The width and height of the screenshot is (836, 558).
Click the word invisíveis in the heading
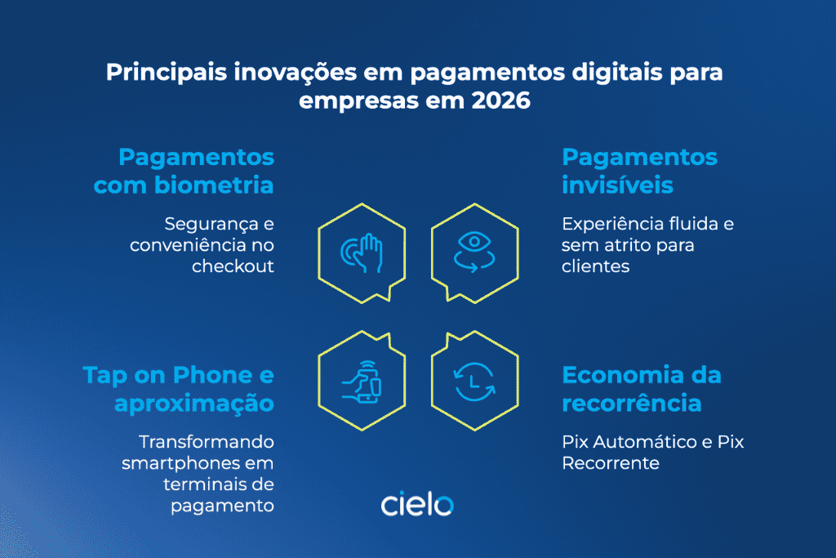click(x=617, y=185)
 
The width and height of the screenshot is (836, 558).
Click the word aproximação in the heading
click(x=193, y=403)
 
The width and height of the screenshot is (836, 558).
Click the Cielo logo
click(x=417, y=504)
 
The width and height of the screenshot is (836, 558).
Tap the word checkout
click(x=233, y=266)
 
